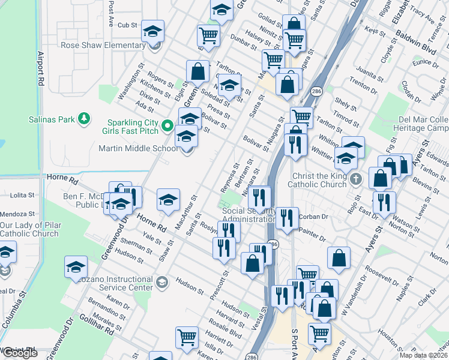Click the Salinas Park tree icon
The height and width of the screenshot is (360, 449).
85,119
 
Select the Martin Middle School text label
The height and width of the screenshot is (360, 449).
138,148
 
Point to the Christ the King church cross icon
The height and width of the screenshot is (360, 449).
356,178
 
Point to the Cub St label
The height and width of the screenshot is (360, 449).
127,25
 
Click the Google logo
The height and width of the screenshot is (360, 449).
19,353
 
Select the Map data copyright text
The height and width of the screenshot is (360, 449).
424,355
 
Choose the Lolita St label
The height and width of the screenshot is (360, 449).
23,196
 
